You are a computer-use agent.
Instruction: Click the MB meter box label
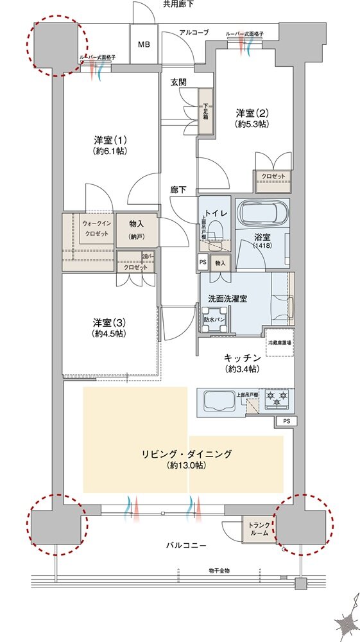(x=144, y=45)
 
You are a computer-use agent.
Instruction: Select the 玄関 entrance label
(x=178, y=82)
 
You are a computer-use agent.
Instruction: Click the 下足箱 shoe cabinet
(x=206, y=112)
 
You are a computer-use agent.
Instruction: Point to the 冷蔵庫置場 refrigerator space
(x=280, y=342)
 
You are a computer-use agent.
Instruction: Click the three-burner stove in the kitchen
(x=277, y=400)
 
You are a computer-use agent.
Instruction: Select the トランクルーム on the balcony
(x=259, y=529)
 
